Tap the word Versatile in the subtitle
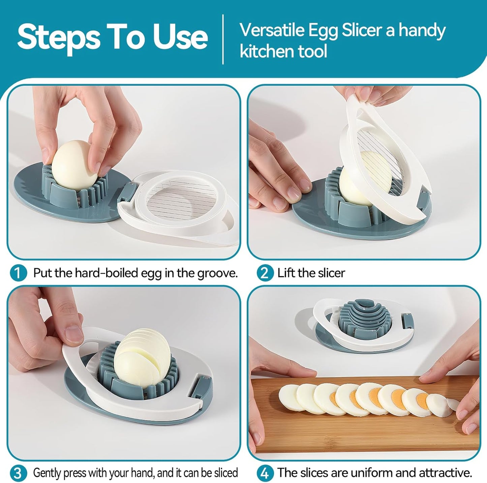(x=272, y=30)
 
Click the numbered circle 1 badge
(x=18, y=273)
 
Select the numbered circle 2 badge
(x=265, y=273)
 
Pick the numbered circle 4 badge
(x=265, y=473)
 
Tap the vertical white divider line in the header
(x=223, y=39)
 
